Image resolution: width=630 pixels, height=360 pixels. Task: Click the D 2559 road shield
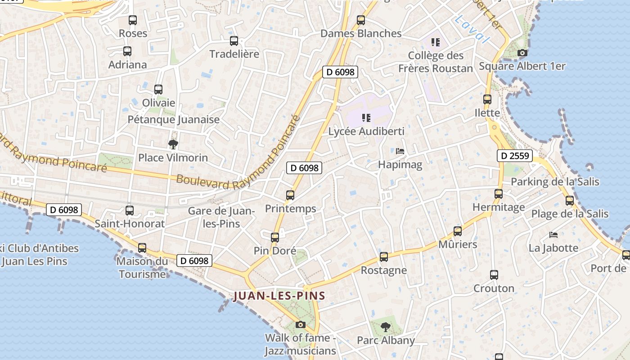[x=515, y=156]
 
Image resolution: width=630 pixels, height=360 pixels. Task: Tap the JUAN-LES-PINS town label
[x=279, y=296]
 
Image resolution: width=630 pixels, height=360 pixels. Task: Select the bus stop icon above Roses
[x=132, y=20]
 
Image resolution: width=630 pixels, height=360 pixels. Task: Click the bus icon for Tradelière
[x=234, y=41]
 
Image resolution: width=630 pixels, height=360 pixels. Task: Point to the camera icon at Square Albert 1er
[x=522, y=53]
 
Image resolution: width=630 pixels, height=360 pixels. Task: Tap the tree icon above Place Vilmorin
[x=173, y=144]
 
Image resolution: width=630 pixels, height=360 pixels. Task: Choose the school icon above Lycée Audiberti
[x=366, y=118]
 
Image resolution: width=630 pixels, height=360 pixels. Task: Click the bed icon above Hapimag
[x=400, y=151]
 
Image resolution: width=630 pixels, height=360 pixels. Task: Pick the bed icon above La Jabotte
[x=553, y=235]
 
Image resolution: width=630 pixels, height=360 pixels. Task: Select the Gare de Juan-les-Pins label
[x=221, y=217]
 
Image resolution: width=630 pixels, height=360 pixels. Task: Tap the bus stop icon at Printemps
[x=290, y=195]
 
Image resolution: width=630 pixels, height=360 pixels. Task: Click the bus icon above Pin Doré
[x=275, y=237]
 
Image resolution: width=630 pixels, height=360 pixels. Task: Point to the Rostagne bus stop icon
[x=384, y=257]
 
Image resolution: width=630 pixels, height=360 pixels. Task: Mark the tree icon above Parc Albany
[x=385, y=327]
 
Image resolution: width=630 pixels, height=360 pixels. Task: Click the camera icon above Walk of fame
[x=300, y=324]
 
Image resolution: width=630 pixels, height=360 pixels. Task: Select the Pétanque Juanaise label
[x=174, y=120]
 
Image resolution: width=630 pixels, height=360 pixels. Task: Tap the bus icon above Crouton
[x=494, y=274]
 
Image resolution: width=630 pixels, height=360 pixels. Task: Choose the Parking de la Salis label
[x=555, y=182]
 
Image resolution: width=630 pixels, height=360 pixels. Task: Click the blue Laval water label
[x=472, y=29]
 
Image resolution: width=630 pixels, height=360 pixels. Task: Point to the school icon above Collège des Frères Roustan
[x=435, y=42]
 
